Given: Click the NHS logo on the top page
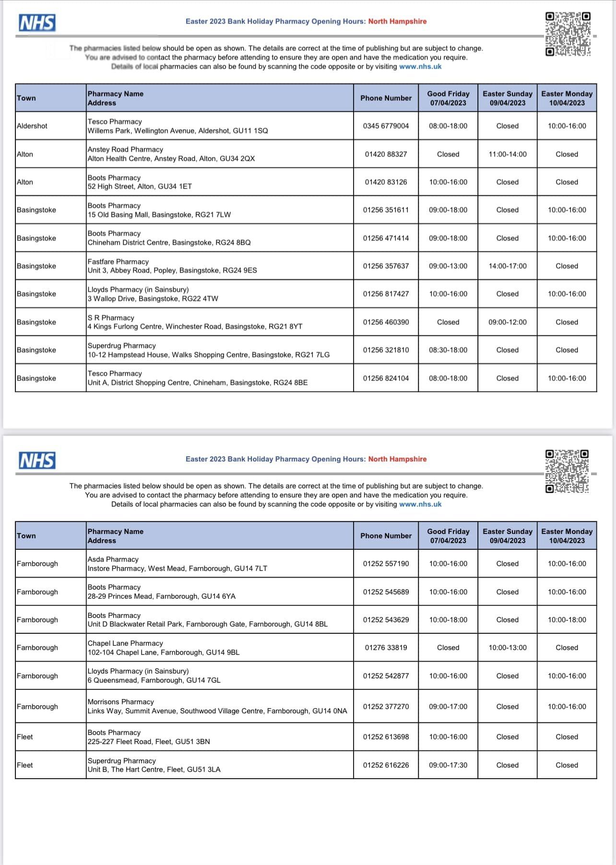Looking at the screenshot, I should coord(37,23).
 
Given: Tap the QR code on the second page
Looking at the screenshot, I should coord(567,471).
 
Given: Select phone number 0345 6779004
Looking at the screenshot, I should coord(386,126).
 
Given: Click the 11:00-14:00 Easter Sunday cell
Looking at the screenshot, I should coord(507,154).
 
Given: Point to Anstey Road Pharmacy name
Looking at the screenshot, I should coord(125,150).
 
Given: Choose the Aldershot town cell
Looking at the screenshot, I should coord(32,126).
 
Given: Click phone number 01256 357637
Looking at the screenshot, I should coord(386,266).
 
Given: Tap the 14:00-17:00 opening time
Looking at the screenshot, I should coord(507,266).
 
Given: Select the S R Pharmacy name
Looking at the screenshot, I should coord(111,318).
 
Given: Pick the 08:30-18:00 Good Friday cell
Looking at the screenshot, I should coord(448,350).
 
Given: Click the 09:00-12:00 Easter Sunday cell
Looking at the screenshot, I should coord(507,322).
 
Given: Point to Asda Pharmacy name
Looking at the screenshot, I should coord(113,559).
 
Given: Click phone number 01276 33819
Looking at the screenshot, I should coord(386,648).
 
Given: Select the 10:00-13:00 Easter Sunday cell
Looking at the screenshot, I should coord(507,648).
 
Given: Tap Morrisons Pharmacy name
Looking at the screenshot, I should coord(120,702).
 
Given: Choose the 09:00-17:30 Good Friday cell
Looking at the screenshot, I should coord(448,765).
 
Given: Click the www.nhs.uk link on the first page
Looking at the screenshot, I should coord(420,67).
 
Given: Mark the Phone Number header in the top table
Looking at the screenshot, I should coord(386,98).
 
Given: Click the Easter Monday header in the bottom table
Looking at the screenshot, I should coord(567,536).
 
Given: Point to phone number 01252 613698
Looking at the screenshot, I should coord(386,737).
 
